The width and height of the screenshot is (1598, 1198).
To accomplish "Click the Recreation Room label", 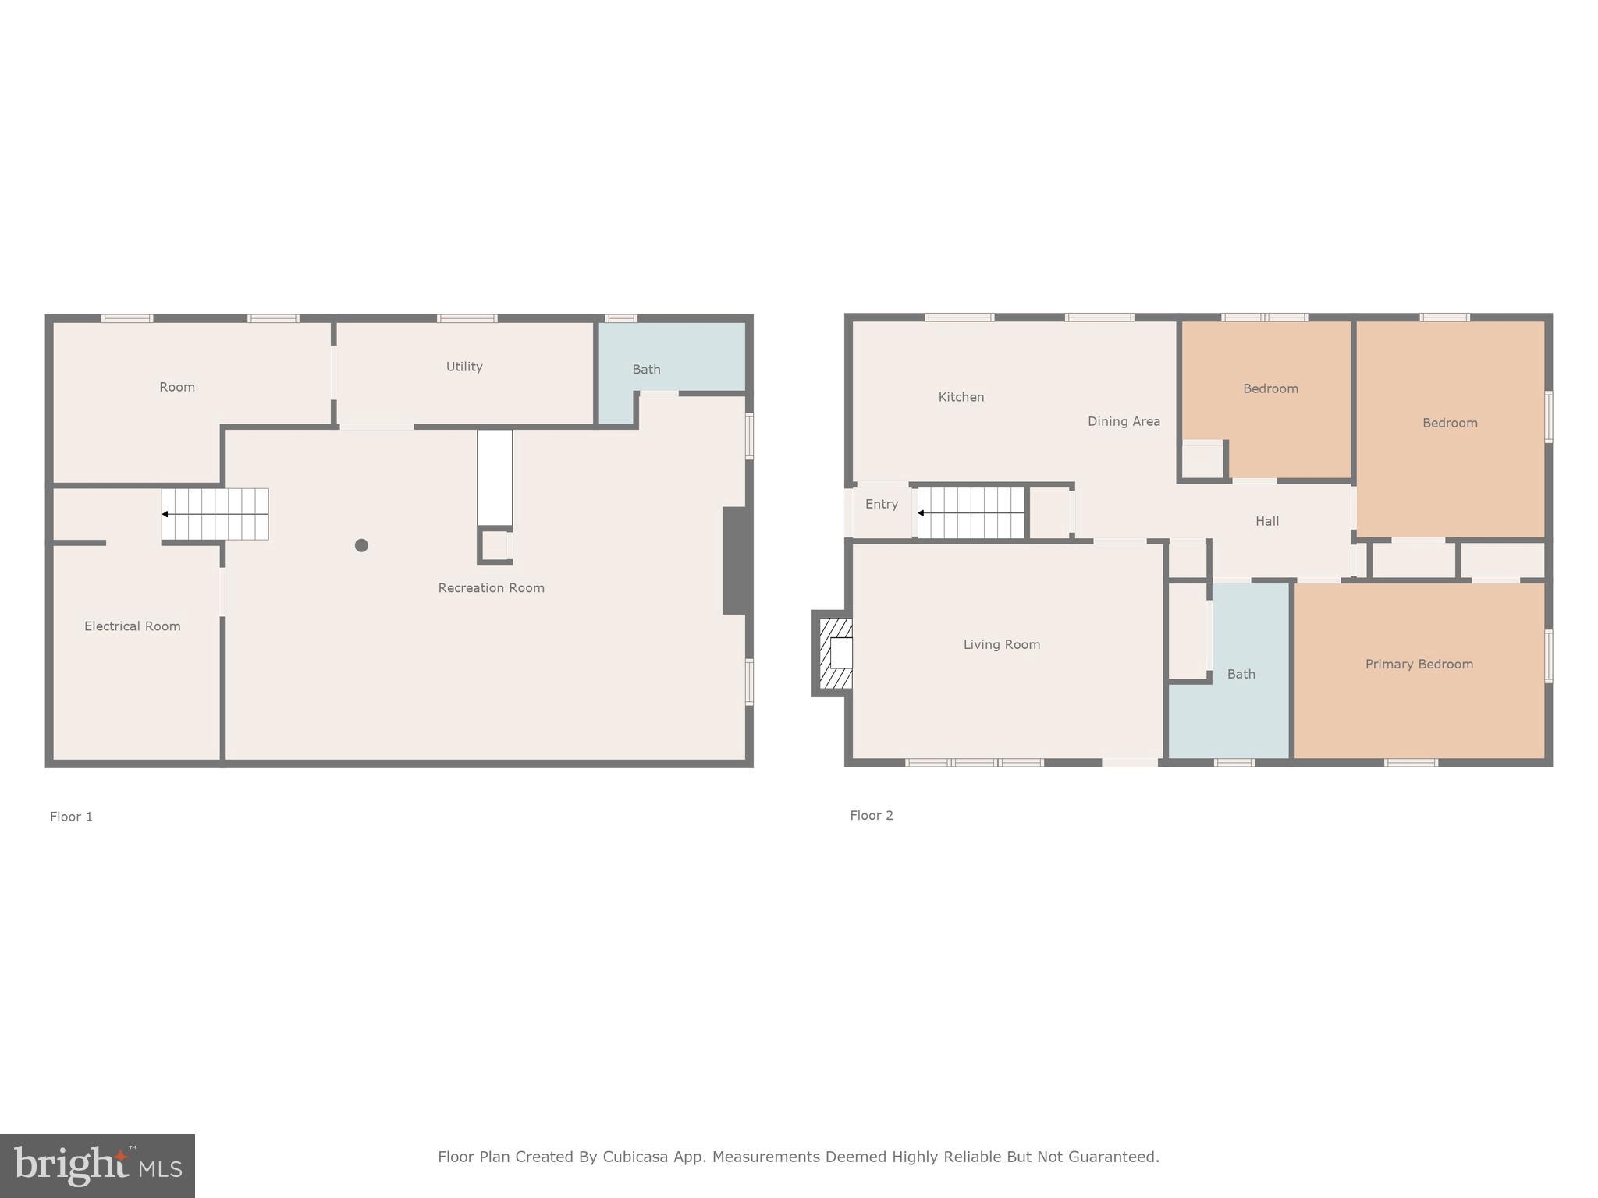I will (x=491, y=588).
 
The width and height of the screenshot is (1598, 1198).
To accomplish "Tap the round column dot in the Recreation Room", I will (x=361, y=545).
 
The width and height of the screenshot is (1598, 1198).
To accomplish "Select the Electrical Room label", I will (x=132, y=626).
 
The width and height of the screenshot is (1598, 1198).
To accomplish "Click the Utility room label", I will (x=464, y=367).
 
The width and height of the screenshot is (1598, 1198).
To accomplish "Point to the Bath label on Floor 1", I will (x=646, y=370).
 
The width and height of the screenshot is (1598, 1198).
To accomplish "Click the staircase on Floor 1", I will (x=215, y=514).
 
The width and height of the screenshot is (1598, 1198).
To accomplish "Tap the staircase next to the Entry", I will (x=971, y=513).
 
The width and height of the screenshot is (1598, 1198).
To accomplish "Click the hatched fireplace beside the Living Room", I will (x=835, y=653).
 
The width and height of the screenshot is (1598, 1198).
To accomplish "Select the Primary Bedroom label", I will (x=1419, y=665).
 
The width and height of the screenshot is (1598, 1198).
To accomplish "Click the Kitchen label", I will (x=961, y=397).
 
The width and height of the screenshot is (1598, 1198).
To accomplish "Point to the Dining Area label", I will (x=1124, y=421).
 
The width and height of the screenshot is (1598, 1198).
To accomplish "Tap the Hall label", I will (x=1266, y=521).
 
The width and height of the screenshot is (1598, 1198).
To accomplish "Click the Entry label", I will (x=881, y=505).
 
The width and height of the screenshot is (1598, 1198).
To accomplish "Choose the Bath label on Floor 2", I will (x=1241, y=674).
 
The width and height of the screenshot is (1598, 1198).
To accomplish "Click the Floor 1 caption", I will (x=71, y=817).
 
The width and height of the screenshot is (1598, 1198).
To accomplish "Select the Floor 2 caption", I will (x=871, y=815).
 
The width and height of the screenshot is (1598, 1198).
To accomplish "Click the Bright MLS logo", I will (x=98, y=1166).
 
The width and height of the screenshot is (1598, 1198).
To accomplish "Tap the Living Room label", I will (x=1001, y=644).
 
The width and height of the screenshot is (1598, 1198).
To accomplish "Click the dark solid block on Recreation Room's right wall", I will (x=736, y=560).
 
